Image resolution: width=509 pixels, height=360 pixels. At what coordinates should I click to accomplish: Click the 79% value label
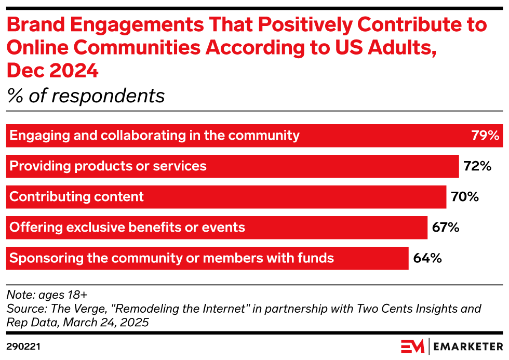(x=485, y=136)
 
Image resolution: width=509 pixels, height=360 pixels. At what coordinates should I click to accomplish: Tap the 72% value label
(x=477, y=166)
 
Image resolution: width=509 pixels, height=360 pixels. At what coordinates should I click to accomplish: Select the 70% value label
(x=464, y=197)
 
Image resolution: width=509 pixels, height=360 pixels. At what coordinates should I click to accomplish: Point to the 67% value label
(x=446, y=228)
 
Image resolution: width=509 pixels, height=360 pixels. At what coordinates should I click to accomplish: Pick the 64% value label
(x=427, y=258)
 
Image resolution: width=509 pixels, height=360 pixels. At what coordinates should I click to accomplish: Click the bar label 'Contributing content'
(x=77, y=197)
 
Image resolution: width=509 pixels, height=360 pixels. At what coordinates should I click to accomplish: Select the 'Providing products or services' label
(x=108, y=166)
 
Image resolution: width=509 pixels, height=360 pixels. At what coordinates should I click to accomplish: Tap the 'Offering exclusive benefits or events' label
(x=127, y=228)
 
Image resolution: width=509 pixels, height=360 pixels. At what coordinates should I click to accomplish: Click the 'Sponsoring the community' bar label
(x=171, y=258)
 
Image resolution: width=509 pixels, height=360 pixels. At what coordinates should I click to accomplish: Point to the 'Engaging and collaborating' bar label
(x=154, y=136)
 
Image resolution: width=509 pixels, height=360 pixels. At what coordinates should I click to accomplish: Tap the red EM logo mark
(x=412, y=346)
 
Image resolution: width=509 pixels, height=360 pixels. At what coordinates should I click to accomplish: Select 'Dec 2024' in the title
(x=52, y=70)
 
